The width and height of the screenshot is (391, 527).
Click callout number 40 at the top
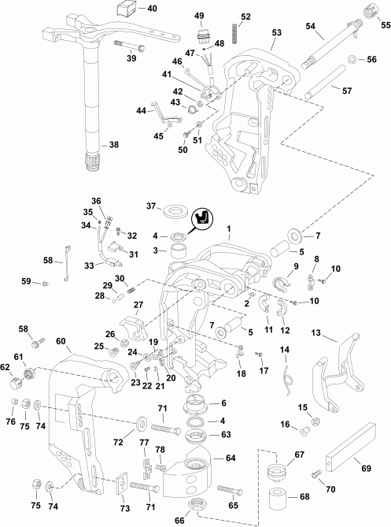[152, 9]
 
